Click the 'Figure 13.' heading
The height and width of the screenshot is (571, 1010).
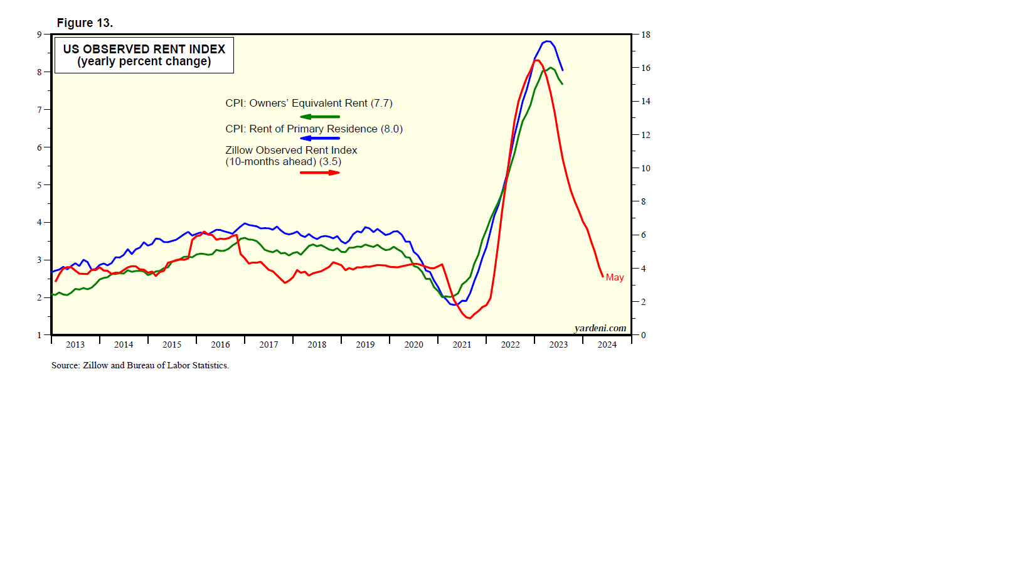tap(85, 23)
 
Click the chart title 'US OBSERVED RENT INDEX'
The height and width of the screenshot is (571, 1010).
tap(144, 49)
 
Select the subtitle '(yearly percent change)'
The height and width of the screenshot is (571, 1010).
tap(144, 61)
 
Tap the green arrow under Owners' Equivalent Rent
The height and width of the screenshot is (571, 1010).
tap(320, 117)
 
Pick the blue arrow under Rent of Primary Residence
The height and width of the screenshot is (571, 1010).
tap(320, 138)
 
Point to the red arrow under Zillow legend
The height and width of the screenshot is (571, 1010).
tap(320, 173)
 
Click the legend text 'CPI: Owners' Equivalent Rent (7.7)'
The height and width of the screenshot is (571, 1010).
tap(309, 104)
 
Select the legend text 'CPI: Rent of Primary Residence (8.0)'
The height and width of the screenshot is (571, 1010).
tap(314, 129)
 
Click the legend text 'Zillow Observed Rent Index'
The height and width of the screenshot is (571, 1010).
tap(291, 151)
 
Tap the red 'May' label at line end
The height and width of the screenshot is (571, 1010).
tap(615, 277)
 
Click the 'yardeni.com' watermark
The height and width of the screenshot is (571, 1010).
tap(600, 328)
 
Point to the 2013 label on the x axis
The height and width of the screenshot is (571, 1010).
tap(75, 344)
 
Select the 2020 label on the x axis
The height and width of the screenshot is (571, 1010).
tap(413, 344)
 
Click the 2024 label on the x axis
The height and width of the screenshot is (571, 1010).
tap(607, 344)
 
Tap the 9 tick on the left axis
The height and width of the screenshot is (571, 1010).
tap(40, 35)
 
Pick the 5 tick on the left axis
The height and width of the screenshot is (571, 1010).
tap(40, 185)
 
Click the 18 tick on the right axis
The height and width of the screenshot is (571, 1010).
tap(646, 35)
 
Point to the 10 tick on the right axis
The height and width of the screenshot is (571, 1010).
tap(646, 168)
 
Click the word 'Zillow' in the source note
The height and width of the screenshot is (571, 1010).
tap(95, 365)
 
